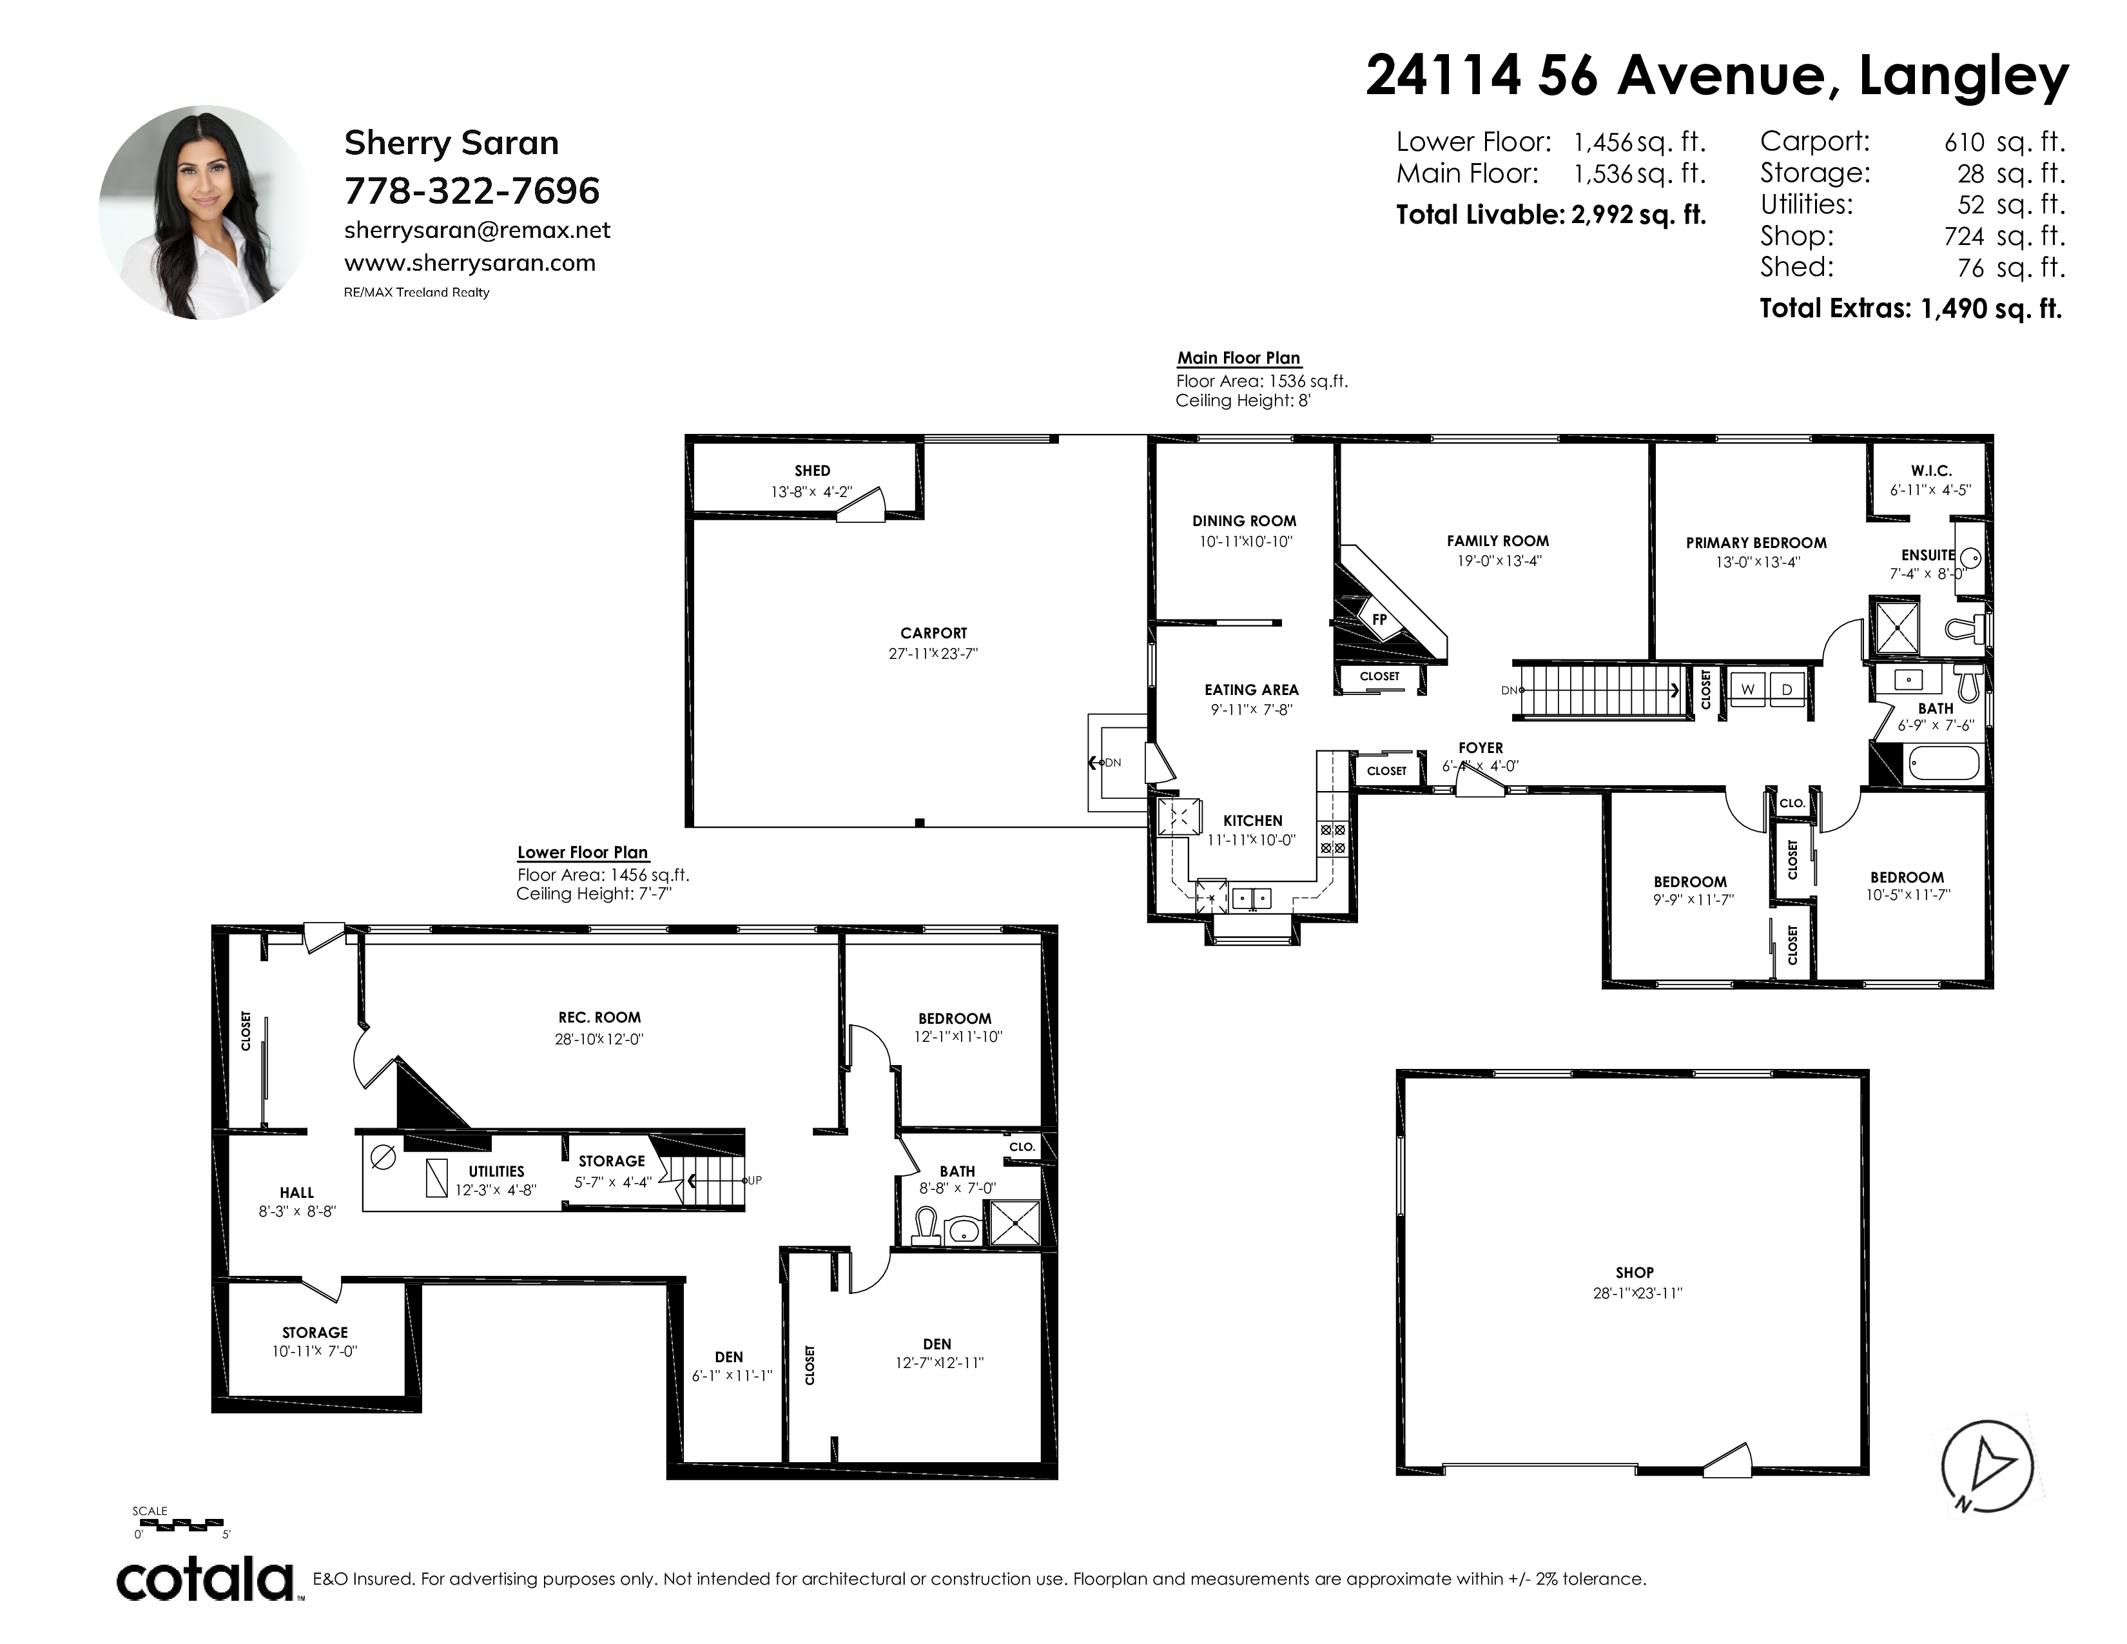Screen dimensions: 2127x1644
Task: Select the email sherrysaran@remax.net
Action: pos(477,231)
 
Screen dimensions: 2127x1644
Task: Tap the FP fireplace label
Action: pos(1379,620)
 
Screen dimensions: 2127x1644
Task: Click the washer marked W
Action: pos(1748,689)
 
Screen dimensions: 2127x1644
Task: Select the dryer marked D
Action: pos(1786,689)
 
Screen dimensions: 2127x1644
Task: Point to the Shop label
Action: pos(1634,1272)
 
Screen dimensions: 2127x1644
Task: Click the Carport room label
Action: pos(933,633)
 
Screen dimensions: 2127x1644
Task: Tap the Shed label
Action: pos(812,471)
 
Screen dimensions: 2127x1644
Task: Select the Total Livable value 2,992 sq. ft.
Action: pos(1638,215)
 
